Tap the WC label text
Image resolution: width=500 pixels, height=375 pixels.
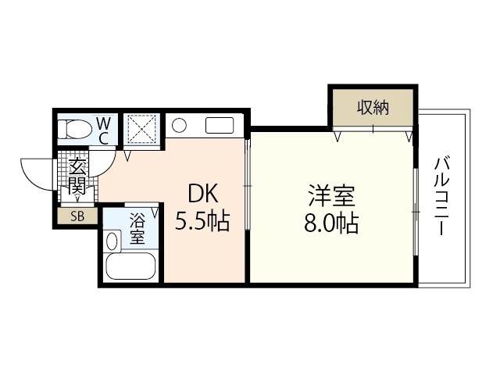(x=103, y=130)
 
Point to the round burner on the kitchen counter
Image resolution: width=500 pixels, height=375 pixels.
(x=179, y=125)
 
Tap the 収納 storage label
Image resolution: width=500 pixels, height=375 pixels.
(x=373, y=108)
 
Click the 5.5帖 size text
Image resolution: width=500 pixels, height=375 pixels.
(x=202, y=222)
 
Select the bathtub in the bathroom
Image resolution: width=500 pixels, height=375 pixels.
(x=132, y=268)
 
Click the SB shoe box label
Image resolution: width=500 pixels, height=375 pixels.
(x=77, y=216)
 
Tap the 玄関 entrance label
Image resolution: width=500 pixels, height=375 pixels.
(x=77, y=176)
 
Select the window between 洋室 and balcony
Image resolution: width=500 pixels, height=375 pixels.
(x=414, y=195)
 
